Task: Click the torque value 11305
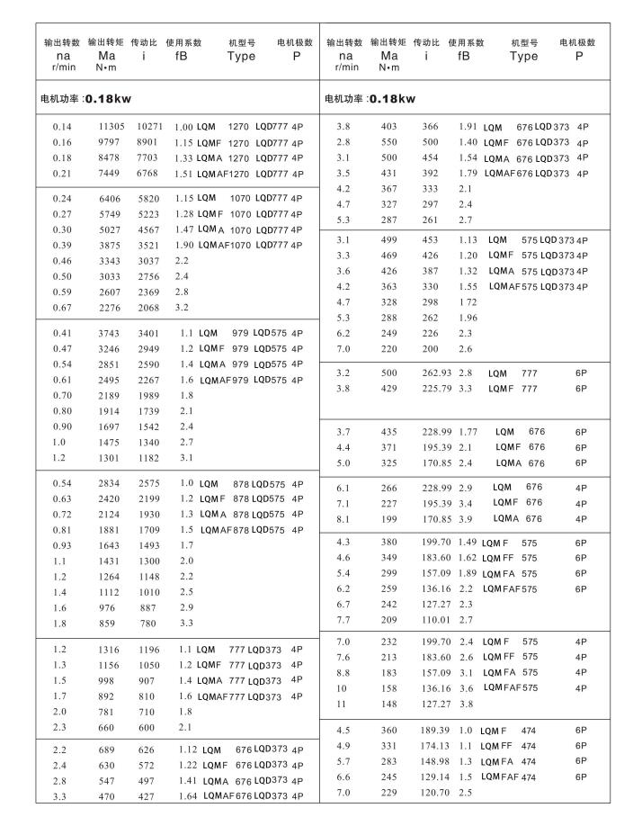[x=111, y=127]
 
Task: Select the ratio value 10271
[x=150, y=127]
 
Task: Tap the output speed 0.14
[x=63, y=127]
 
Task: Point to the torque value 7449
[x=111, y=173]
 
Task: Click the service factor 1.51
[x=184, y=173]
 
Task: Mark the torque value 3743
[x=111, y=333]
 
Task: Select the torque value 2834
[x=111, y=483]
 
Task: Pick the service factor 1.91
[x=467, y=127]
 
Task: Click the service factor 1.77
[x=466, y=433]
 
